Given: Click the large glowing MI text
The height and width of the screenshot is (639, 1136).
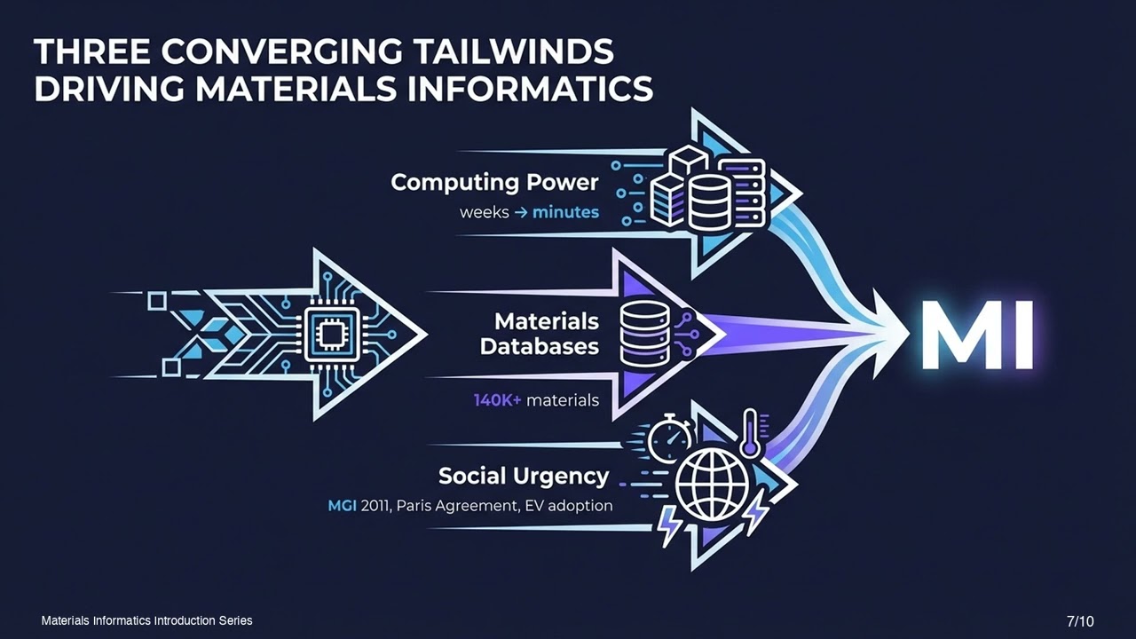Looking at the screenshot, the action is tap(977, 335).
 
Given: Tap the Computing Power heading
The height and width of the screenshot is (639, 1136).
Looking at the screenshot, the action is tap(494, 183).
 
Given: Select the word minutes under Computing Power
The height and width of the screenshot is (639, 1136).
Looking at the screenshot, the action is tap(565, 212).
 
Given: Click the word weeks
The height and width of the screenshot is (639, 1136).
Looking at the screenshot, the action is tap(485, 212).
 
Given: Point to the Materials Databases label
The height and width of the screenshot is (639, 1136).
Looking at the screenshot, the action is tap(539, 335).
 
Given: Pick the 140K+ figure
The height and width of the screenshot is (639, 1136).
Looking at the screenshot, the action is tap(498, 400).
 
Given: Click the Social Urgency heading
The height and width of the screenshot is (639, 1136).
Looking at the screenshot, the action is tap(524, 477).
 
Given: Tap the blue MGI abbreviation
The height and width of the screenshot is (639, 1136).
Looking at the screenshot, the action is tap(342, 506).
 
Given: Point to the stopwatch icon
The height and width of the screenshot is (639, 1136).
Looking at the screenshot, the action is tap(670, 438).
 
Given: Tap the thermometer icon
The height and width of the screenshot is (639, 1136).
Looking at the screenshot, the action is tap(749, 434).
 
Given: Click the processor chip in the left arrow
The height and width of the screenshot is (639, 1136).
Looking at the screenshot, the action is tap(332, 335).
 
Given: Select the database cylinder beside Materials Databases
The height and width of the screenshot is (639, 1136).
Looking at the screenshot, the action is tap(645, 334).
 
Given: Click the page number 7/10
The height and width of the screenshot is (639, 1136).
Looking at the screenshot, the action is tap(1080, 621).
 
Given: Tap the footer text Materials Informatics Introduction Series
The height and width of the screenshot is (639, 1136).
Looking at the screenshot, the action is tap(147, 620).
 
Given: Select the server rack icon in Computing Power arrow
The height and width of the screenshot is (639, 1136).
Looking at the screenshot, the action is tap(741, 193).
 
